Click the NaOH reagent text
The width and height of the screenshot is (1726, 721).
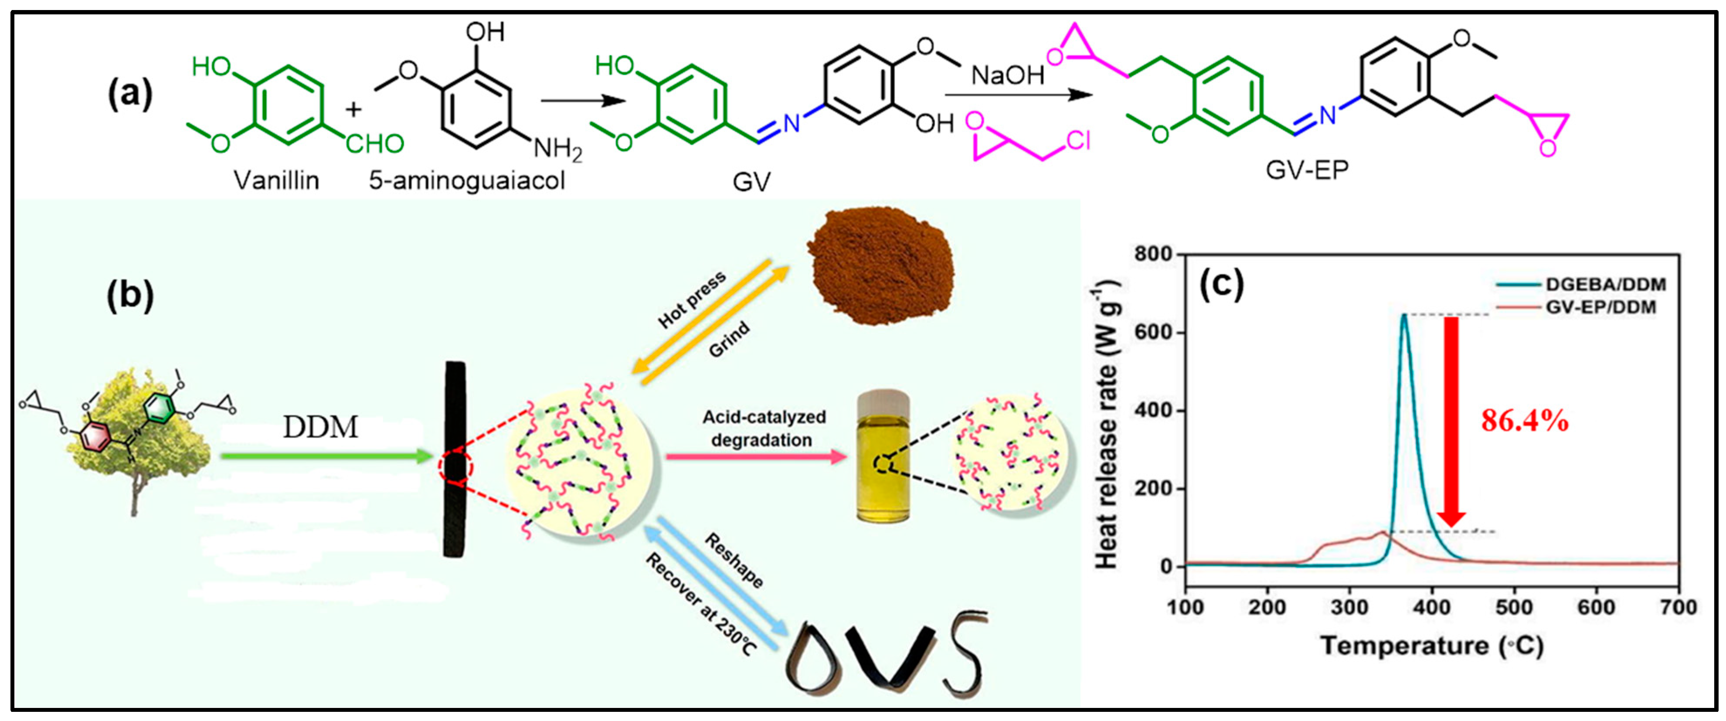[x=1008, y=75]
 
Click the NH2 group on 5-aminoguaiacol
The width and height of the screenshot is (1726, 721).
[x=557, y=148]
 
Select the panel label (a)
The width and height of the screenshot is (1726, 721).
[x=130, y=94]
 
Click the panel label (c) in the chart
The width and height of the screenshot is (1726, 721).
[x=1221, y=284]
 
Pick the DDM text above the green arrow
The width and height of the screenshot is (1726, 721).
[x=320, y=427]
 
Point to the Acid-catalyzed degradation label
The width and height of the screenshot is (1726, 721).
[x=764, y=428]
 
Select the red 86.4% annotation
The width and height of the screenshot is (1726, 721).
[x=1524, y=421]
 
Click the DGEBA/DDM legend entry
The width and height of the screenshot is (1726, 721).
[x=1605, y=285]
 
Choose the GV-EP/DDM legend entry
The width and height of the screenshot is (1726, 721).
[x=1601, y=308]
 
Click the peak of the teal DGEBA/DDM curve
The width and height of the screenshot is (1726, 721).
[x=1404, y=315]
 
